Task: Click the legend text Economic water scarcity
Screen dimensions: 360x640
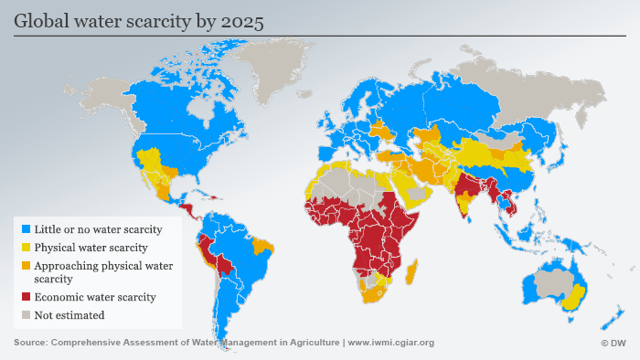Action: (95, 297)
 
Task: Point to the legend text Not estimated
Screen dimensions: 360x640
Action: (69, 315)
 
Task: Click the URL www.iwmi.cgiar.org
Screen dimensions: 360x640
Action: (391, 344)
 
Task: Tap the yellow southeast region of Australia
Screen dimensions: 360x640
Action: (573, 298)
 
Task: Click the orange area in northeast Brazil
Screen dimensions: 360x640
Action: (264, 245)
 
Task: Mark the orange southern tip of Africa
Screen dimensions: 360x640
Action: (374, 293)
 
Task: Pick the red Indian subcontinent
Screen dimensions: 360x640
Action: (468, 187)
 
